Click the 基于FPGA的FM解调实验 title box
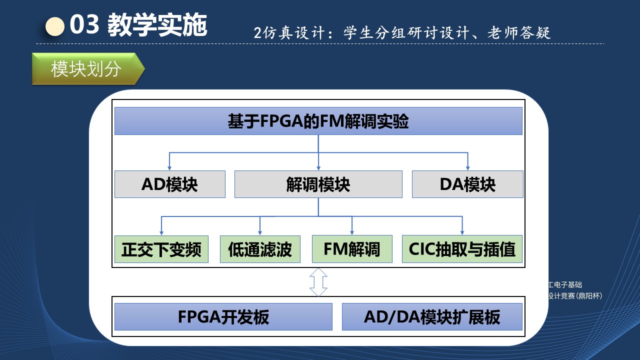[318, 121]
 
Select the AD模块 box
[169, 184]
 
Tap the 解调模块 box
[318, 184]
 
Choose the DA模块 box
[467, 184]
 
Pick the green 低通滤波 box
[259, 249]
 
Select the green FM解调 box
[351, 249]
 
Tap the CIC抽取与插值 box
[461, 249]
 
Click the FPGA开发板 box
[223, 317]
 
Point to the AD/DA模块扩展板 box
[432, 317]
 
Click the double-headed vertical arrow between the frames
[318, 282]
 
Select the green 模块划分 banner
[87, 69]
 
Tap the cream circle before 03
[55, 26]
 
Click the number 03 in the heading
[84, 25]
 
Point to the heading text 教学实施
[157, 25]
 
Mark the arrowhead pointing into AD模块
[169, 167]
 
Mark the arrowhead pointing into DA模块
[467, 167]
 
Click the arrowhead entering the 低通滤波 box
[259, 232]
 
